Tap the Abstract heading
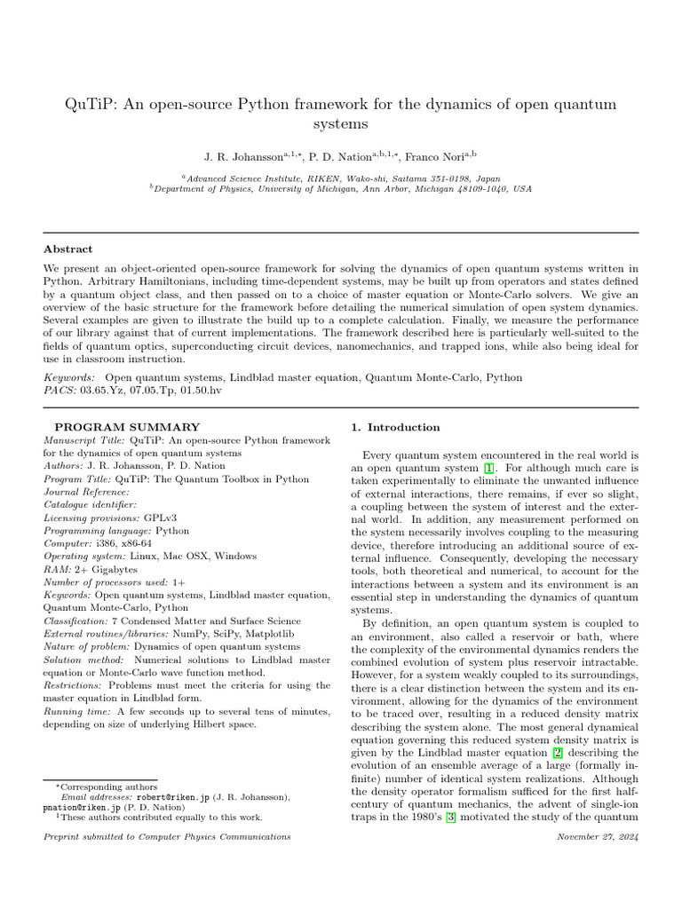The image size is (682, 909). tap(68, 249)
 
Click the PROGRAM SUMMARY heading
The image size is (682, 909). tap(128, 427)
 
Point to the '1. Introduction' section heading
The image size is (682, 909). tap(395, 427)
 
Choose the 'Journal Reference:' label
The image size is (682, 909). tap(86, 492)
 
